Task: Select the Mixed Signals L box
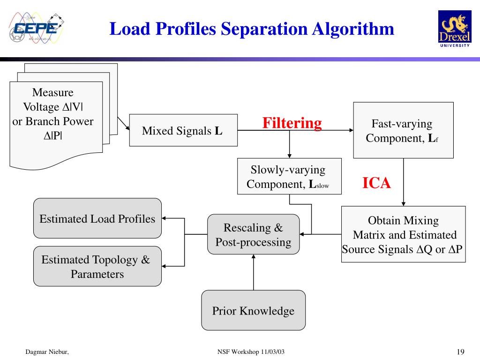(x=183, y=130)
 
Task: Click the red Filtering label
(x=292, y=123)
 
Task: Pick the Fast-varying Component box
(x=403, y=130)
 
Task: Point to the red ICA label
(x=376, y=183)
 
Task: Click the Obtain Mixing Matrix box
(x=403, y=234)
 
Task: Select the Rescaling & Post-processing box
(x=253, y=234)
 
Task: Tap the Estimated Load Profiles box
(x=97, y=218)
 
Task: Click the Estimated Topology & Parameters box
(x=97, y=266)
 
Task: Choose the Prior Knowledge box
(x=253, y=310)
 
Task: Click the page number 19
(x=460, y=352)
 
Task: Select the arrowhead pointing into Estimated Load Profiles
(x=165, y=218)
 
